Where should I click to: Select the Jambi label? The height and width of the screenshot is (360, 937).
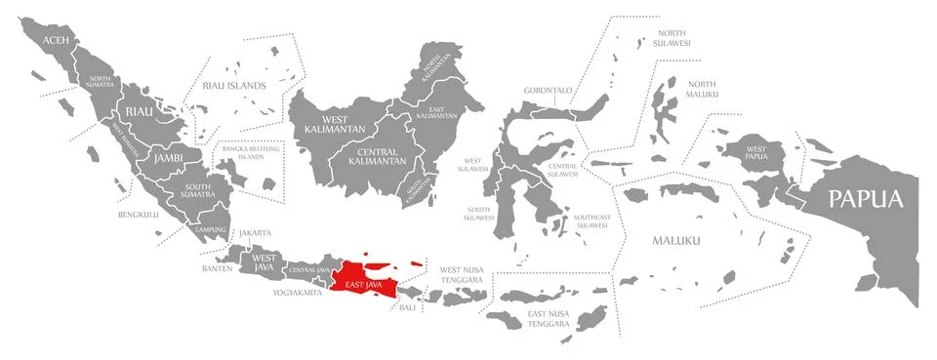(x=167, y=157)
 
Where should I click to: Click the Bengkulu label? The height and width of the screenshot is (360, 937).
(x=138, y=214)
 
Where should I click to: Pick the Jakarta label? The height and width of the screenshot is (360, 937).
(x=255, y=232)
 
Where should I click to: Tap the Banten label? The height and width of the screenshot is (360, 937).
(x=217, y=267)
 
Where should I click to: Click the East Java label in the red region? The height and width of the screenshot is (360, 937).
(x=361, y=284)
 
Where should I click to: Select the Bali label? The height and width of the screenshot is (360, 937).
(x=407, y=307)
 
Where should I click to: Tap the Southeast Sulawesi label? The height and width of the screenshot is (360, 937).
(x=591, y=220)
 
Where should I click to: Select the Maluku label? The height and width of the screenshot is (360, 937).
(x=675, y=240)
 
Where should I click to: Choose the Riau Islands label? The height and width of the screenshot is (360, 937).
(x=234, y=86)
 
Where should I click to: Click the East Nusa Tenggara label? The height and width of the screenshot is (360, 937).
(x=549, y=318)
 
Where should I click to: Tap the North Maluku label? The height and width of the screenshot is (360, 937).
(x=703, y=89)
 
